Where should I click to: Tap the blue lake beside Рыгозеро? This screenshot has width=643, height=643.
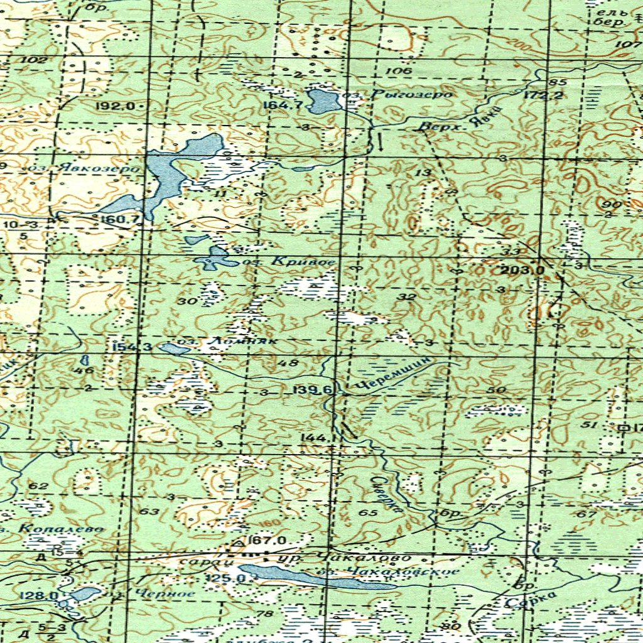pyautogui.click(x=324, y=100)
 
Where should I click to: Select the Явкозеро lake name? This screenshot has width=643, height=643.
pyautogui.click(x=88, y=168)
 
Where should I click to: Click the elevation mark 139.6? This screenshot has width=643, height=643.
pyautogui.click(x=311, y=391)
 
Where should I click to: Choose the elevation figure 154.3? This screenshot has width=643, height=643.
pyautogui.click(x=131, y=347)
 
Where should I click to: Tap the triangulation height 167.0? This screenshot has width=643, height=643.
pyautogui.click(x=267, y=541)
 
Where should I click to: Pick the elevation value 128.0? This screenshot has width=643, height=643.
pyautogui.click(x=39, y=595)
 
